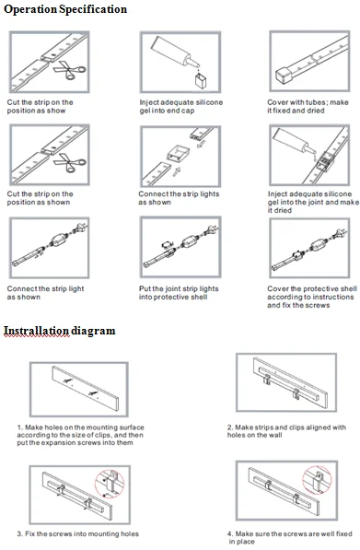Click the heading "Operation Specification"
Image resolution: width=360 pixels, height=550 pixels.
(x=65, y=9)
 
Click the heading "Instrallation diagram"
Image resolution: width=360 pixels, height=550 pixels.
(x=59, y=331)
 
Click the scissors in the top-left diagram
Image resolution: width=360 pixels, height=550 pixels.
(x=69, y=70)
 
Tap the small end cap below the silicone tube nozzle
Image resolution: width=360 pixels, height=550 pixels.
(x=201, y=81)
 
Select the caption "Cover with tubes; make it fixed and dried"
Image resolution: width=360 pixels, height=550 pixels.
(x=308, y=106)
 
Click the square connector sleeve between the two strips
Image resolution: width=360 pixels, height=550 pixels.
(x=178, y=154)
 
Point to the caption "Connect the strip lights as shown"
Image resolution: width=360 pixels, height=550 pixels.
(x=179, y=198)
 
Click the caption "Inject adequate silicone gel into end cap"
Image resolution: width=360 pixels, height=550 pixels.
(x=180, y=106)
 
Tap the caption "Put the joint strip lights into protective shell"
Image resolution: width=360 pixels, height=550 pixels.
(x=179, y=293)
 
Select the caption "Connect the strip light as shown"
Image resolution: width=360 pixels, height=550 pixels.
(x=45, y=293)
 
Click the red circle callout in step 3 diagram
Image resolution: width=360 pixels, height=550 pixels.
(x=110, y=484)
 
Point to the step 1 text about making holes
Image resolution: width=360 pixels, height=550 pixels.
(x=81, y=435)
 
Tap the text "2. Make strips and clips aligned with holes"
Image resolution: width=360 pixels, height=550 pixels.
(x=286, y=431)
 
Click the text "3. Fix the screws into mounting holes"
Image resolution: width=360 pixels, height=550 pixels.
(x=78, y=533)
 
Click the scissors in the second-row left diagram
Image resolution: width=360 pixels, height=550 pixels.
(x=69, y=163)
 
